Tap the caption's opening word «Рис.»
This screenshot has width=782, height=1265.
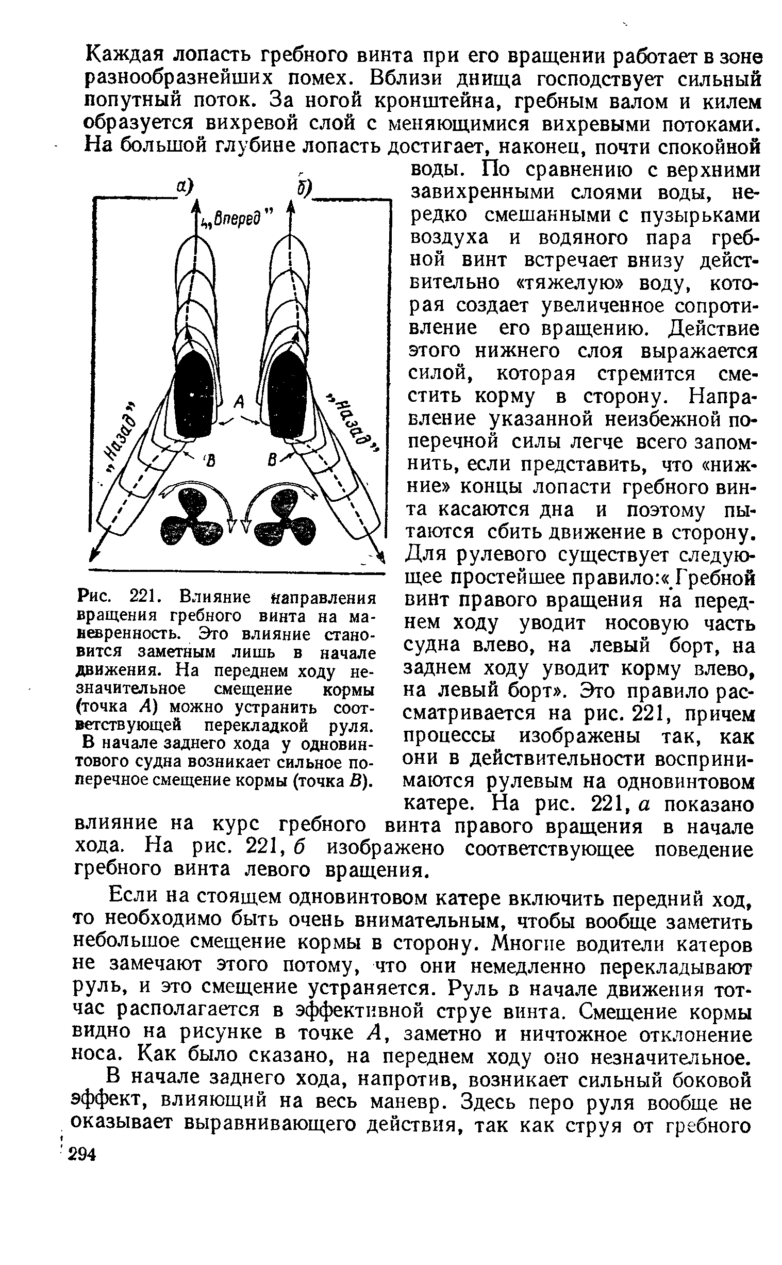click(x=94, y=598)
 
